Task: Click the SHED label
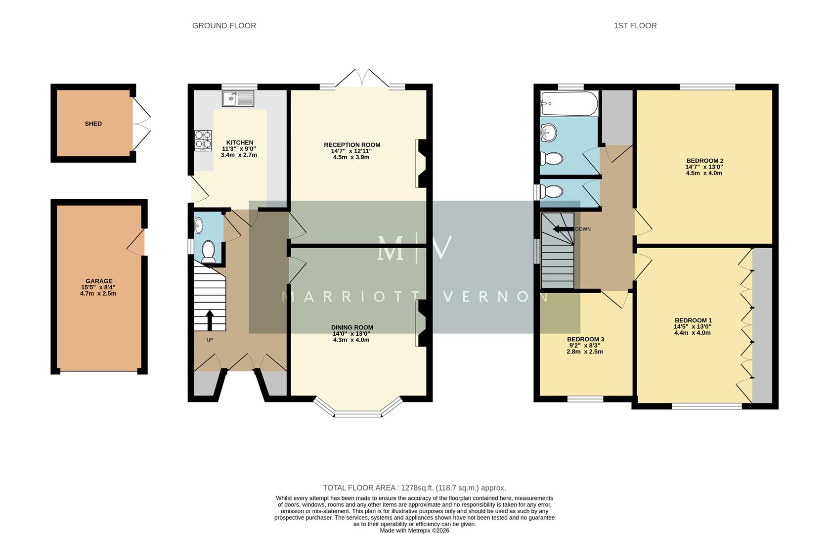pos(93,124)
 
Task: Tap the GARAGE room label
pos(99,281)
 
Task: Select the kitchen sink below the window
pos(238,98)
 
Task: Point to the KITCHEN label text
pos(240,142)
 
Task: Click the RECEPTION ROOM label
pos(352,145)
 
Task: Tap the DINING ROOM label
pos(352,327)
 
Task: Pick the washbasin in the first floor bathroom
pos(548,132)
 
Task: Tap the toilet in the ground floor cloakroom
pos(208,251)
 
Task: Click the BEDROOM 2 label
pos(704,161)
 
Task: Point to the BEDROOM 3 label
pos(585,339)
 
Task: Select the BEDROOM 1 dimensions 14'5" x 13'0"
pos(693,327)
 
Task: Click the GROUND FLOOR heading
pos(224,26)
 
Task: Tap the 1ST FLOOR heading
pos(635,26)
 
